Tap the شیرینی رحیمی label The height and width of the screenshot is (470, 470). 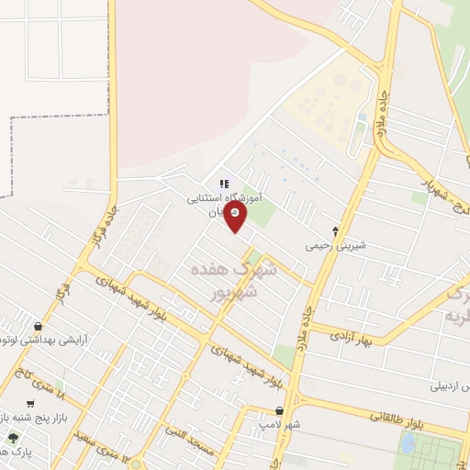click(x=336, y=246)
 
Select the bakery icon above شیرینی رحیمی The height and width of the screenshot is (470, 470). click(x=335, y=231)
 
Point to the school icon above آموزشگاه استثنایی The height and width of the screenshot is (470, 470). click(x=225, y=184)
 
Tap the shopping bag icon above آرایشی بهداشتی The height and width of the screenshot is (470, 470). click(x=37, y=325)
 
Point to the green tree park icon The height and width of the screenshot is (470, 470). click(x=13, y=438)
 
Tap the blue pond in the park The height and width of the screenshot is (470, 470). click(x=407, y=443)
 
